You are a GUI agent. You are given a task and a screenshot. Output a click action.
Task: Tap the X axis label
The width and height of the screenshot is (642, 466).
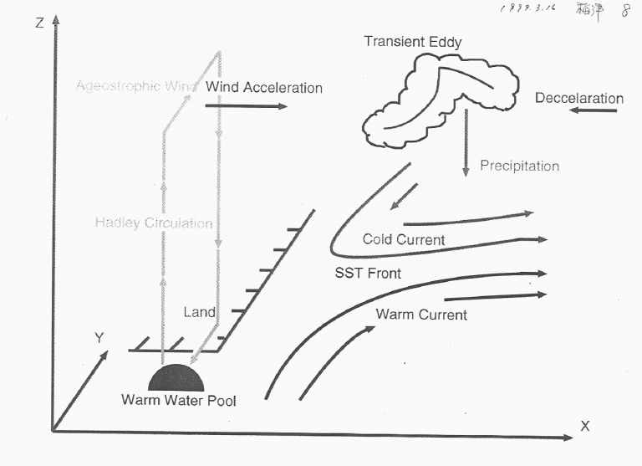[585, 426]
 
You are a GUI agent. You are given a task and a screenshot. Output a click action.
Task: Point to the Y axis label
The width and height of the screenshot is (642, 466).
[99, 337]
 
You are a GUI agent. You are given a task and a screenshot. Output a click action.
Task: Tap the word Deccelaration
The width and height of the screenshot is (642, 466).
[578, 99]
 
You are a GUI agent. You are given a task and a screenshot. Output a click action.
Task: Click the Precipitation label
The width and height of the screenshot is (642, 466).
[519, 166]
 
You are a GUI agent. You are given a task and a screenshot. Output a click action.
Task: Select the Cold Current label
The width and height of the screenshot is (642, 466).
[403, 240]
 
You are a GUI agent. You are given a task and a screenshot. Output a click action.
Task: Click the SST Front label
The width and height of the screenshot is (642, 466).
[367, 274]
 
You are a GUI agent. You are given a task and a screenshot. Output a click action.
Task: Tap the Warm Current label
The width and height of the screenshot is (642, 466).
[421, 315]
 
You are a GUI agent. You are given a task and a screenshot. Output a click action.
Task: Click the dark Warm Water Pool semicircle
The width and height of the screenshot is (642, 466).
[176, 378]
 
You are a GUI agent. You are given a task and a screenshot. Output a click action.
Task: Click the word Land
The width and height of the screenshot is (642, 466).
[199, 312]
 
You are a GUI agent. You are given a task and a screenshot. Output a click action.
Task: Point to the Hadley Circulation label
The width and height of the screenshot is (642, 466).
[154, 223]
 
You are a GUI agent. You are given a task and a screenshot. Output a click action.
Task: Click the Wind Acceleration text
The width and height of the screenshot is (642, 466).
[263, 87]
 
